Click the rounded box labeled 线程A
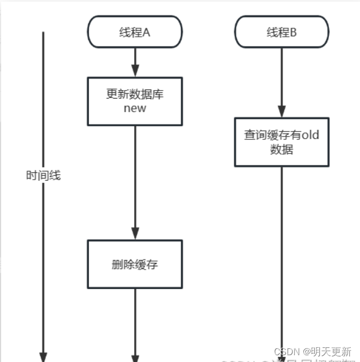point(135,32)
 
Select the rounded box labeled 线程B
point(281,32)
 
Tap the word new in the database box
point(135,108)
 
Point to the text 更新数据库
point(135,94)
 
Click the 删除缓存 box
point(135,264)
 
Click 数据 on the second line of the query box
point(281,150)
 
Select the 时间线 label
point(43,176)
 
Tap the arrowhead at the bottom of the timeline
point(43,356)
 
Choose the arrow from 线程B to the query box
point(281,82)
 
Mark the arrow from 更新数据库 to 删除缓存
point(135,181)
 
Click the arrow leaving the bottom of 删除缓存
point(135,323)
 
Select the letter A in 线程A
point(146,32)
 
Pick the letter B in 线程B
point(293,32)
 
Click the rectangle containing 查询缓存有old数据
point(281,142)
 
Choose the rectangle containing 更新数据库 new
point(135,101)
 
